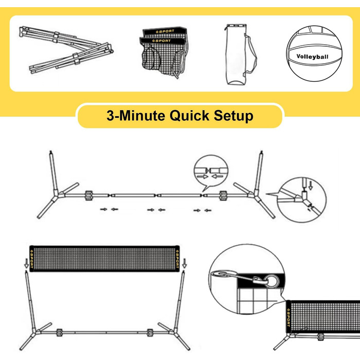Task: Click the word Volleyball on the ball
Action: [312, 57]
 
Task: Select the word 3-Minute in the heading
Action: [136, 116]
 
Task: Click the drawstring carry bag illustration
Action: [240, 55]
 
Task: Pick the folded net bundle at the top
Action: [164, 51]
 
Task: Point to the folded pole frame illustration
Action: [66, 50]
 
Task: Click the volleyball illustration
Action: [314, 53]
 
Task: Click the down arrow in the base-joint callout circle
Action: [311, 185]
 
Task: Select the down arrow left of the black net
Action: [26, 263]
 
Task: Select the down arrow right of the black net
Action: [184, 263]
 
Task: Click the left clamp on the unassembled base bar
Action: [89, 195]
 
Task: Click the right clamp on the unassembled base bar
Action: [223, 195]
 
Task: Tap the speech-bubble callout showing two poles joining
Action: [211, 172]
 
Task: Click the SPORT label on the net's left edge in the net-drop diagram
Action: [32, 259]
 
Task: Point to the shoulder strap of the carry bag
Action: [250, 55]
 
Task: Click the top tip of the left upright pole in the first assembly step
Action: [51, 151]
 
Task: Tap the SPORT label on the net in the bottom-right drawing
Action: [289, 317]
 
